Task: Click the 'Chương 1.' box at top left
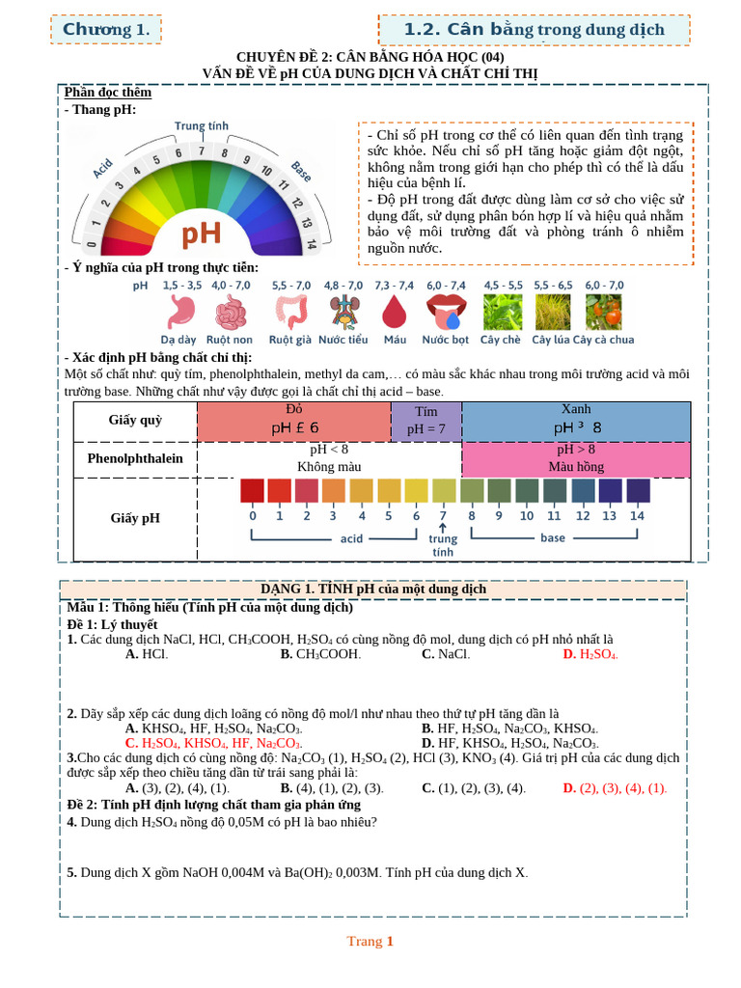105,30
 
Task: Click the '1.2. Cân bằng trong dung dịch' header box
534,30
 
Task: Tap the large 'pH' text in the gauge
202,234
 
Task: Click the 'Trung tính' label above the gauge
202,126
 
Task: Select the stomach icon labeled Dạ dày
180,312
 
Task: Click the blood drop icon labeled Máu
395,312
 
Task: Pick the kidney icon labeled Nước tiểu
343,312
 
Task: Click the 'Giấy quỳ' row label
136,420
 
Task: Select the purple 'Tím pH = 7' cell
425,421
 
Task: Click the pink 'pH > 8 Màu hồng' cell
576,458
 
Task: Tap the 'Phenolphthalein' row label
135,458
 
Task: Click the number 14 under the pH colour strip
637,515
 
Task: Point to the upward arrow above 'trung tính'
443,527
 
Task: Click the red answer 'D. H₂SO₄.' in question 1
590,654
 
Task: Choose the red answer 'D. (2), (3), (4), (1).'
615,787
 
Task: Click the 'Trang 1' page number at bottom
370,941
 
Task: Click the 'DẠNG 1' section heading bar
372,589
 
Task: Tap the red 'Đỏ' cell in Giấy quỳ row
293,420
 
